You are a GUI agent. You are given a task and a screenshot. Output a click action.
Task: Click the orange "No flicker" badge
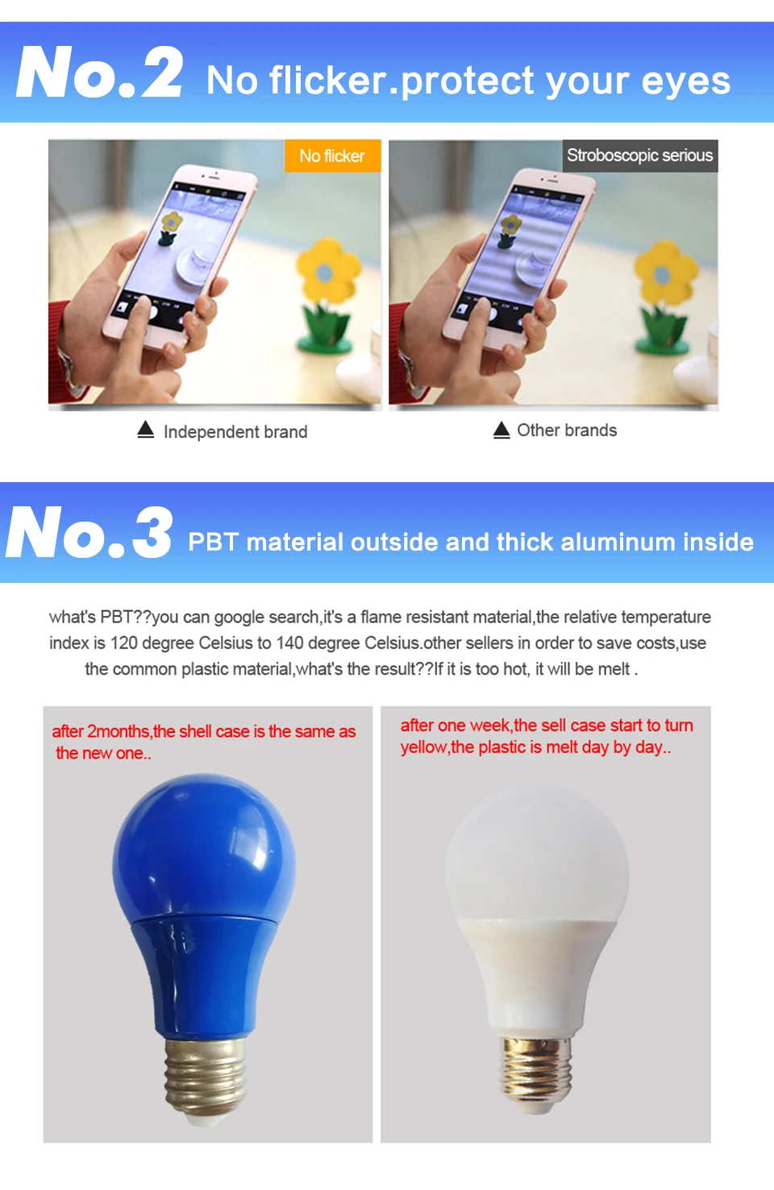tap(332, 156)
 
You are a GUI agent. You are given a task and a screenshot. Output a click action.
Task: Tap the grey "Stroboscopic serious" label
tap(639, 156)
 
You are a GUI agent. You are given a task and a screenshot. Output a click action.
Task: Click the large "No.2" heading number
tap(100, 73)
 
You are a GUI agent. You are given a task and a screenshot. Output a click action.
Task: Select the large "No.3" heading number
tap(89, 532)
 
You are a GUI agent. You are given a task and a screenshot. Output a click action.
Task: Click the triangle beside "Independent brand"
tap(146, 430)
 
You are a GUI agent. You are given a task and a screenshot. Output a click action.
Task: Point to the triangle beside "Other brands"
tap(501, 430)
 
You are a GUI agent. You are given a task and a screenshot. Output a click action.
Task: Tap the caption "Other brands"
tap(567, 431)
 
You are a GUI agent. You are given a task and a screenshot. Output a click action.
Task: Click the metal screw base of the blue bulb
tap(205, 1080)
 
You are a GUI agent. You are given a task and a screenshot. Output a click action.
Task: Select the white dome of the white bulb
tap(537, 855)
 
